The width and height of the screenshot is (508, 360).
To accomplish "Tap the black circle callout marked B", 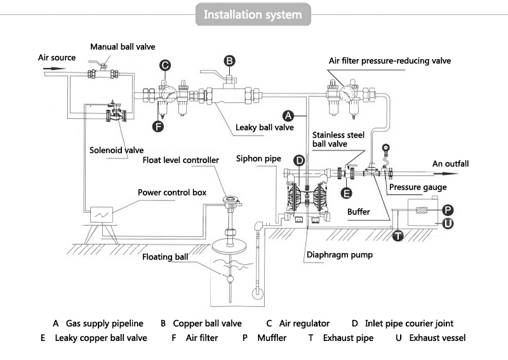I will tap(230, 61).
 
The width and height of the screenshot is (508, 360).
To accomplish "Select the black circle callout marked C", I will tap(164, 65).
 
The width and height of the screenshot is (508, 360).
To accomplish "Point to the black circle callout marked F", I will tap(158, 126).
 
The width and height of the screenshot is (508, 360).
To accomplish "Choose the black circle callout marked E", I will tap(346, 193).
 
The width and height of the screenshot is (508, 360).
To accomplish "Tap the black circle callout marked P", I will tap(448, 210).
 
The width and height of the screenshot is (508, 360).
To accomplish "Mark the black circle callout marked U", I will tap(448, 223).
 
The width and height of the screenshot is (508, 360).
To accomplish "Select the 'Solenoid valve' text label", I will tap(116, 150).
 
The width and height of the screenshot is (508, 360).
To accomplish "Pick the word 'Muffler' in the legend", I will tap(272, 338).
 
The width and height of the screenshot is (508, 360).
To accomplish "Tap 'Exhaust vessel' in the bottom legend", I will tap(437, 338).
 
